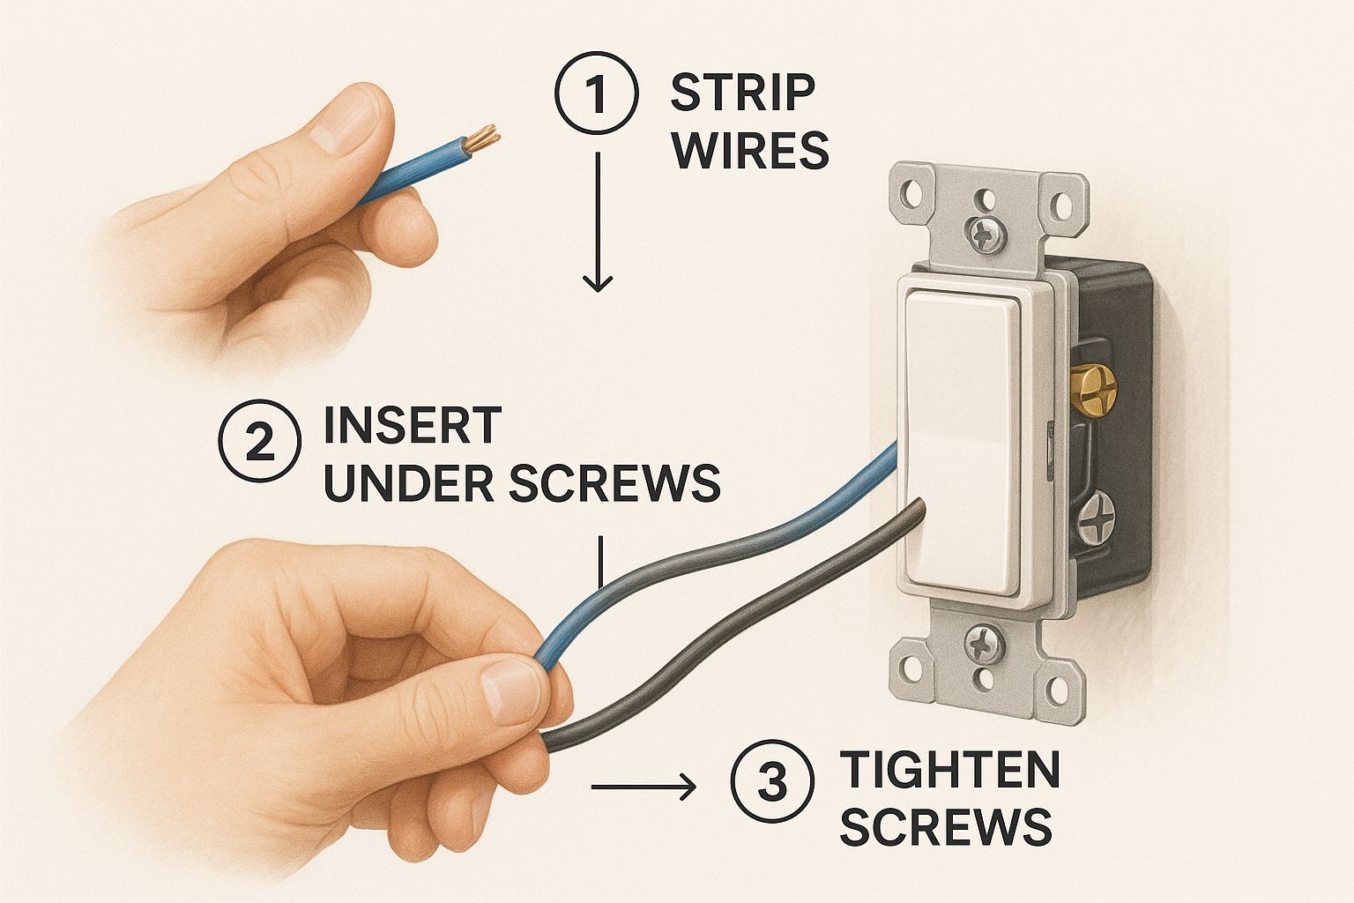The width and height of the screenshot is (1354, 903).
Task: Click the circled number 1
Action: [597, 93]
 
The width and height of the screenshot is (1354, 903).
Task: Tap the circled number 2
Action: [260, 441]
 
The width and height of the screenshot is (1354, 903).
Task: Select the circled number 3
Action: [772, 781]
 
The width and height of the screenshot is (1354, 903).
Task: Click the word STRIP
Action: [743, 93]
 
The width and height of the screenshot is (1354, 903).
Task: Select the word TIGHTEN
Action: [949, 769]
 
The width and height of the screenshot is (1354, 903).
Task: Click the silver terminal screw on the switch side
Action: [1094, 516]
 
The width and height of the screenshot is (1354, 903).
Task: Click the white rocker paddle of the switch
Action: [963, 441]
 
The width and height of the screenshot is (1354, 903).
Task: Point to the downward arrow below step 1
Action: [598, 222]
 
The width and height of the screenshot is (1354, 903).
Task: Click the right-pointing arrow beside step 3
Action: [644, 787]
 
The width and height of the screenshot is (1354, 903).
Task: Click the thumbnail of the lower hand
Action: [509, 691]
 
